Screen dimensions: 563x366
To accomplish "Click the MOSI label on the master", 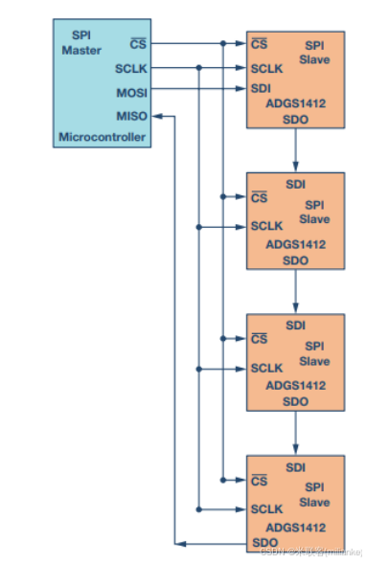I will [131, 93].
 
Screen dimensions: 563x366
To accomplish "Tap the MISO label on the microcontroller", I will [131, 116].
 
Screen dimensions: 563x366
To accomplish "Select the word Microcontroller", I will [103, 138].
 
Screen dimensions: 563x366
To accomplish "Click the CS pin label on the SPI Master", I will [137, 44].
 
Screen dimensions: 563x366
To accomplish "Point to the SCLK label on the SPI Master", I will [131, 69].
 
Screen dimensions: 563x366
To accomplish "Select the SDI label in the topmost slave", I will [260, 89].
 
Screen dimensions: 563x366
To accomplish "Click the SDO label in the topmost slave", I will [296, 119].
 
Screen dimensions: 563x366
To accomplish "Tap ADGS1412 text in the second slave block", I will [296, 245].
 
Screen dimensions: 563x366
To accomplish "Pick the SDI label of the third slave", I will [296, 326].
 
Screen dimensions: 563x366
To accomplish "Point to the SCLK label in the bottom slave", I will [265, 509].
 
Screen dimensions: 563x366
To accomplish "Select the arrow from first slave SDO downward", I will [296, 149].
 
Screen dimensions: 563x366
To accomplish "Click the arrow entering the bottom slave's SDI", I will [296, 446].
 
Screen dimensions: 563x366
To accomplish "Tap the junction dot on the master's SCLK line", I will [198, 69].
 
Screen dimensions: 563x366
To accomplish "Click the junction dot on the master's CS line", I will [222, 44].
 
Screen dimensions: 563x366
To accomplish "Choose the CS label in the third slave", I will [258, 339].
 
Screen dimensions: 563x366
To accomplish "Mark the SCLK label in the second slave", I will [265, 227].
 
